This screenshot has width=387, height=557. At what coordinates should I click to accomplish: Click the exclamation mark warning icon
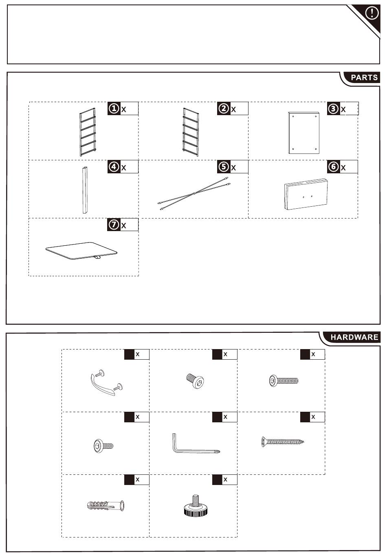372,13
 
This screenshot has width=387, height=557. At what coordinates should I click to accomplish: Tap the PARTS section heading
364,77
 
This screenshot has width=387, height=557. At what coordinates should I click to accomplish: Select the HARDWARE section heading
354,337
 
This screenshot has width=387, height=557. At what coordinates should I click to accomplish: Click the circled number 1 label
114,109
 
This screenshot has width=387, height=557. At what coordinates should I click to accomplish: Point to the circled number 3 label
333,109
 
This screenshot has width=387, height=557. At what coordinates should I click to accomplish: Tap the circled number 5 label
224,167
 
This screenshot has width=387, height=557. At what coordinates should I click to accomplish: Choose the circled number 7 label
114,225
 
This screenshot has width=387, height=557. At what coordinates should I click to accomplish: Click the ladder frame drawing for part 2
190,132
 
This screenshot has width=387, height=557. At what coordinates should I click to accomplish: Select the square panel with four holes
304,133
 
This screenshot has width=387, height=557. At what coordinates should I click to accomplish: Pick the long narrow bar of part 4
85,190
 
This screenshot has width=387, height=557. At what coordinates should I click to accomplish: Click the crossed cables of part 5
194,193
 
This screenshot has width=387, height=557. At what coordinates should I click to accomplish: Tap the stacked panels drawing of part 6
306,194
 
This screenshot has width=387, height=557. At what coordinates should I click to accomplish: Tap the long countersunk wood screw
282,441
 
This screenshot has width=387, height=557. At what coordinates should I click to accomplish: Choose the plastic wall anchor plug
106,506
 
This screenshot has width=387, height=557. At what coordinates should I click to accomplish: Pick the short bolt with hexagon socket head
195,380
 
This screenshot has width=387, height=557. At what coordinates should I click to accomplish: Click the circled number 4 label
114,167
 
